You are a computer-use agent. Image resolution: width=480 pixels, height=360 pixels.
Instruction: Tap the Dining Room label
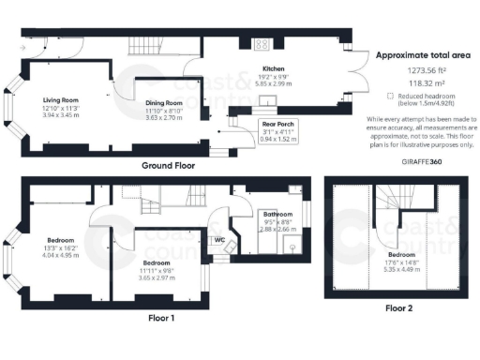[x=162, y=102]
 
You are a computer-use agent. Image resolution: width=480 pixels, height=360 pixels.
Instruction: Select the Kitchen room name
[x=273, y=69]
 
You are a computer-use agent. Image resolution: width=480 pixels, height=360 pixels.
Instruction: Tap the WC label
[x=219, y=240]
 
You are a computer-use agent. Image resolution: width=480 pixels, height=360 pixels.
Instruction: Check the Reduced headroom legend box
[x=389, y=96]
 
